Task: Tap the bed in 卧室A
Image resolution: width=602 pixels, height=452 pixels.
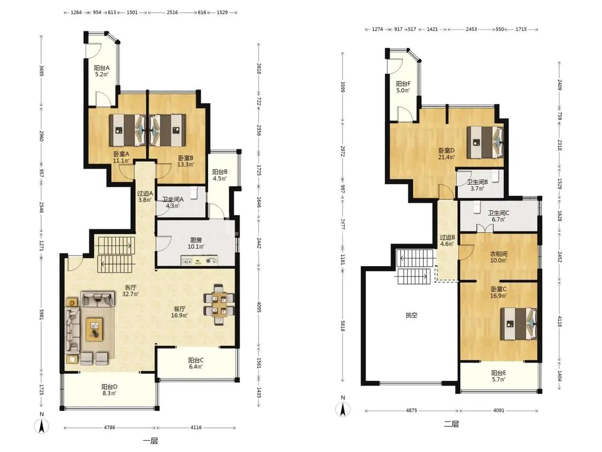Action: click(127, 130)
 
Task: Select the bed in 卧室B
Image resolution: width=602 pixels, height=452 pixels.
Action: click(167, 130)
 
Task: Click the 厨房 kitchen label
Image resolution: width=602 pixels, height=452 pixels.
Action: click(196, 240)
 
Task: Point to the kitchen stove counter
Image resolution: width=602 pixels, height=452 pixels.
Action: click(199, 260)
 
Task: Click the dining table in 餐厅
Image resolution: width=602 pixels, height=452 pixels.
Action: click(218, 304)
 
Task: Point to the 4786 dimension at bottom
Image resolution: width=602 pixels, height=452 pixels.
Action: click(109, 427)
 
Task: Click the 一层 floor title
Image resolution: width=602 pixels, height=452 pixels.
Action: click(150, 441)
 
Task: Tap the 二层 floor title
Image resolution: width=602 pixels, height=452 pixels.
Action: click(451, 424)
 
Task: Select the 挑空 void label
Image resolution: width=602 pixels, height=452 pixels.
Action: click(411, 315)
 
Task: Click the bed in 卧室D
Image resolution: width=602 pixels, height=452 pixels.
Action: click(485, 142)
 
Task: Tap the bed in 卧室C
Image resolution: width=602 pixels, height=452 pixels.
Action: click(519, 323)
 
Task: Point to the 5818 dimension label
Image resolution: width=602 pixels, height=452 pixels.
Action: click(343, 326)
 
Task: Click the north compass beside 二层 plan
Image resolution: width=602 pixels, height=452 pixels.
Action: click(343, 407)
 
